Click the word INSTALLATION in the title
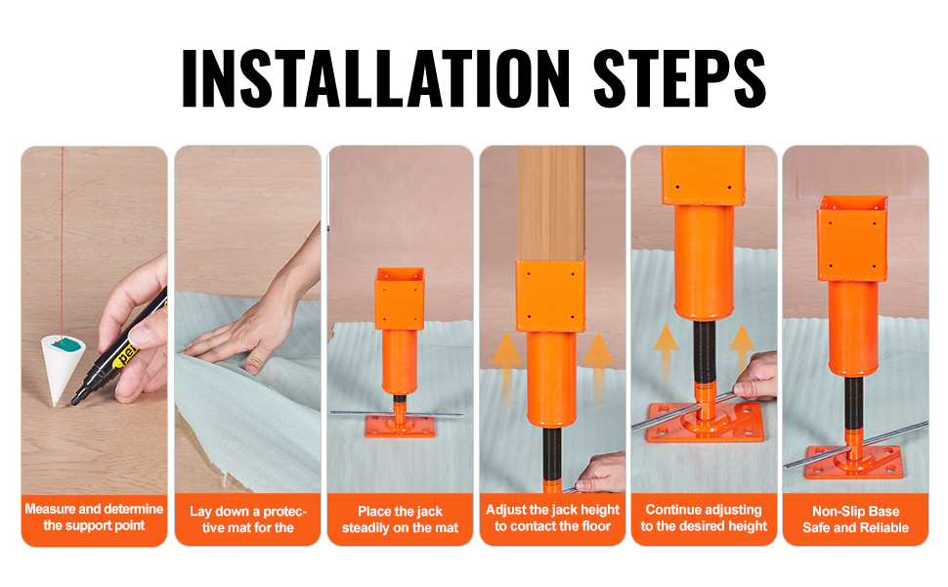[375, 78]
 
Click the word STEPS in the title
[679, 78]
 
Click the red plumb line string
[62, 241]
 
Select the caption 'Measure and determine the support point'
[94, 517]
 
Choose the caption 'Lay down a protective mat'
[248, 519]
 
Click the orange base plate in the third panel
[400, 426]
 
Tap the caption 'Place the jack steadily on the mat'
[401, 519]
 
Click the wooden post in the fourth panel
[551, 203]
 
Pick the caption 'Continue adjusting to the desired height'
[704, 518]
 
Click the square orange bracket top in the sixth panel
[852, 239]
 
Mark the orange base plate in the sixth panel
[853, 463]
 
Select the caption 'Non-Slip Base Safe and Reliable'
[855, 519]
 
